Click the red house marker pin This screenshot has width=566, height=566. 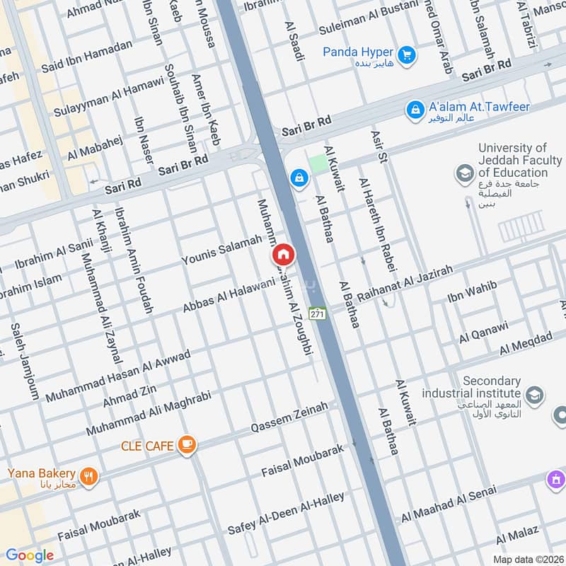point(283,254)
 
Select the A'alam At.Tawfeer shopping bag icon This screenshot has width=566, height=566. point(415,110)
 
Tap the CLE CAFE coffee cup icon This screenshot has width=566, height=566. point(187,444)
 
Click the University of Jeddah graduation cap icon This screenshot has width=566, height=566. point(465,173)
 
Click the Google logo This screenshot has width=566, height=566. point(30,555)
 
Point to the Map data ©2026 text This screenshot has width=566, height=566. point(527,559)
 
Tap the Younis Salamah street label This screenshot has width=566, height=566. point(221,253)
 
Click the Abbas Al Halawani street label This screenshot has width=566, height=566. point(229,295)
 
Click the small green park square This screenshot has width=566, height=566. point(319,163)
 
